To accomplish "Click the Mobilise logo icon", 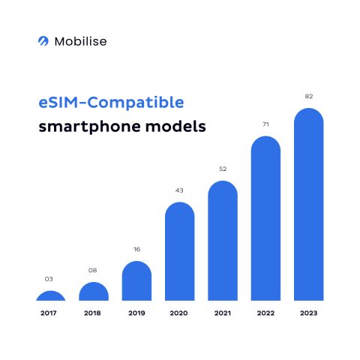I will (43, 41).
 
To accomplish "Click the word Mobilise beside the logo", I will (80, 41).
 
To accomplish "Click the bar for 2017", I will (50, 296).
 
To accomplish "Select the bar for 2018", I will (94, 292).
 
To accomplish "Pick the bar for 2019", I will (136, 281).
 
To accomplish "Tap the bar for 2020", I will (179, 252).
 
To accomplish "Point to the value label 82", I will (308, 96).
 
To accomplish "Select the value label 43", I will (179, 190).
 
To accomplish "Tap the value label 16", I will (136, 248).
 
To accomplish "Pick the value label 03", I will (50, 279).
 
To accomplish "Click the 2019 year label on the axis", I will (136, 312).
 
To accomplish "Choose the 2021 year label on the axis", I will (223, 312).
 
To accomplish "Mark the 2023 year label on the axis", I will (308, 312).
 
